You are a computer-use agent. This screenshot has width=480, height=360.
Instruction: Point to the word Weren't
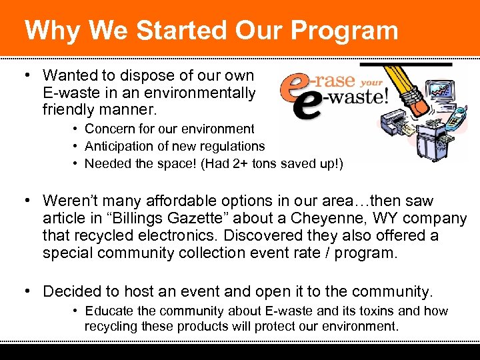69,201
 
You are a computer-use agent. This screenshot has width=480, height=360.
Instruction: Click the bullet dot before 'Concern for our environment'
77,129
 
